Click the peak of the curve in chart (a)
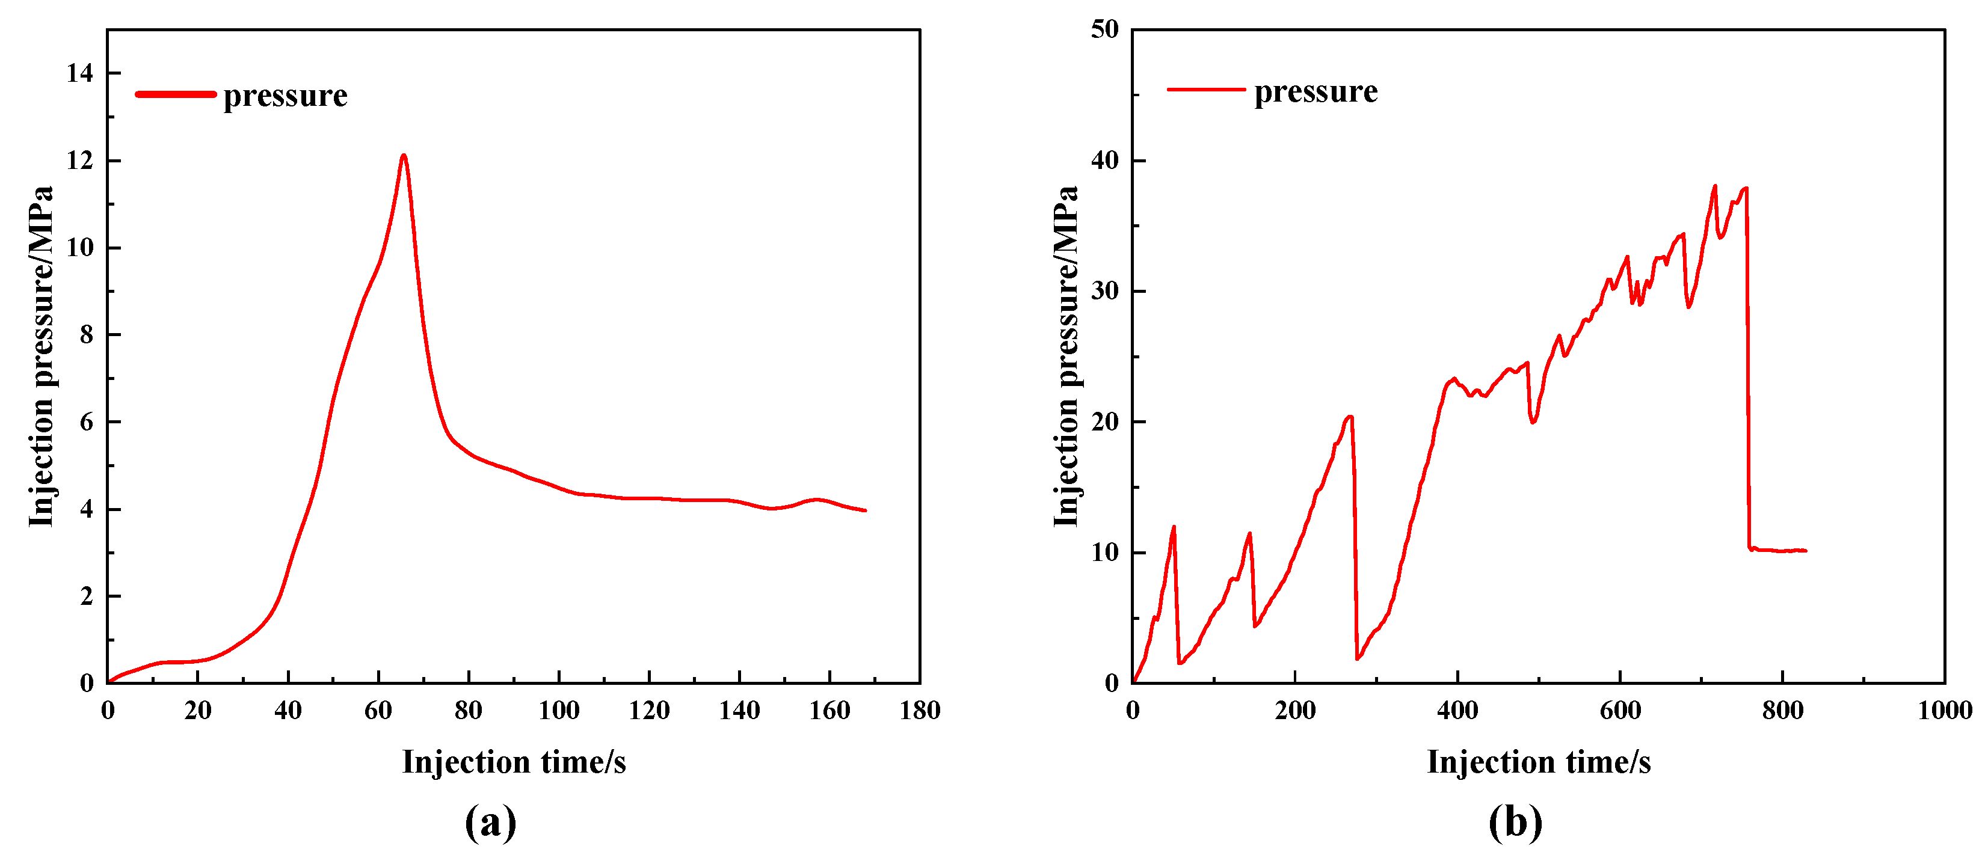(403, 156)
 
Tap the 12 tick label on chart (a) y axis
(79, 161)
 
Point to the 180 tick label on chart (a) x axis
(920, 711)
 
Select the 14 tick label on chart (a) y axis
(79, 73)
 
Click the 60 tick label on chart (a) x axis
(378, 711)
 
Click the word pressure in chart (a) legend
(286, 96)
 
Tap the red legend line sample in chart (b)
(1205, 90)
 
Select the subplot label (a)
(490, 823)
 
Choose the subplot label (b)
(1515, 823)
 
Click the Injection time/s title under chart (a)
(514, 762)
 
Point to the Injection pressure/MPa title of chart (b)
(1066, 357)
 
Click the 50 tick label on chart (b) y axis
(1104, 29)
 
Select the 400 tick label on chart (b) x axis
(1457, 711)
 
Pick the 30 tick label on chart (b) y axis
(1104, 292)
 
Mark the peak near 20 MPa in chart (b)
(1350, 417)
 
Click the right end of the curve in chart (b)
(1806, 551)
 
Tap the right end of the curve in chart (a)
(865, 510)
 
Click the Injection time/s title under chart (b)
(1539, 762)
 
